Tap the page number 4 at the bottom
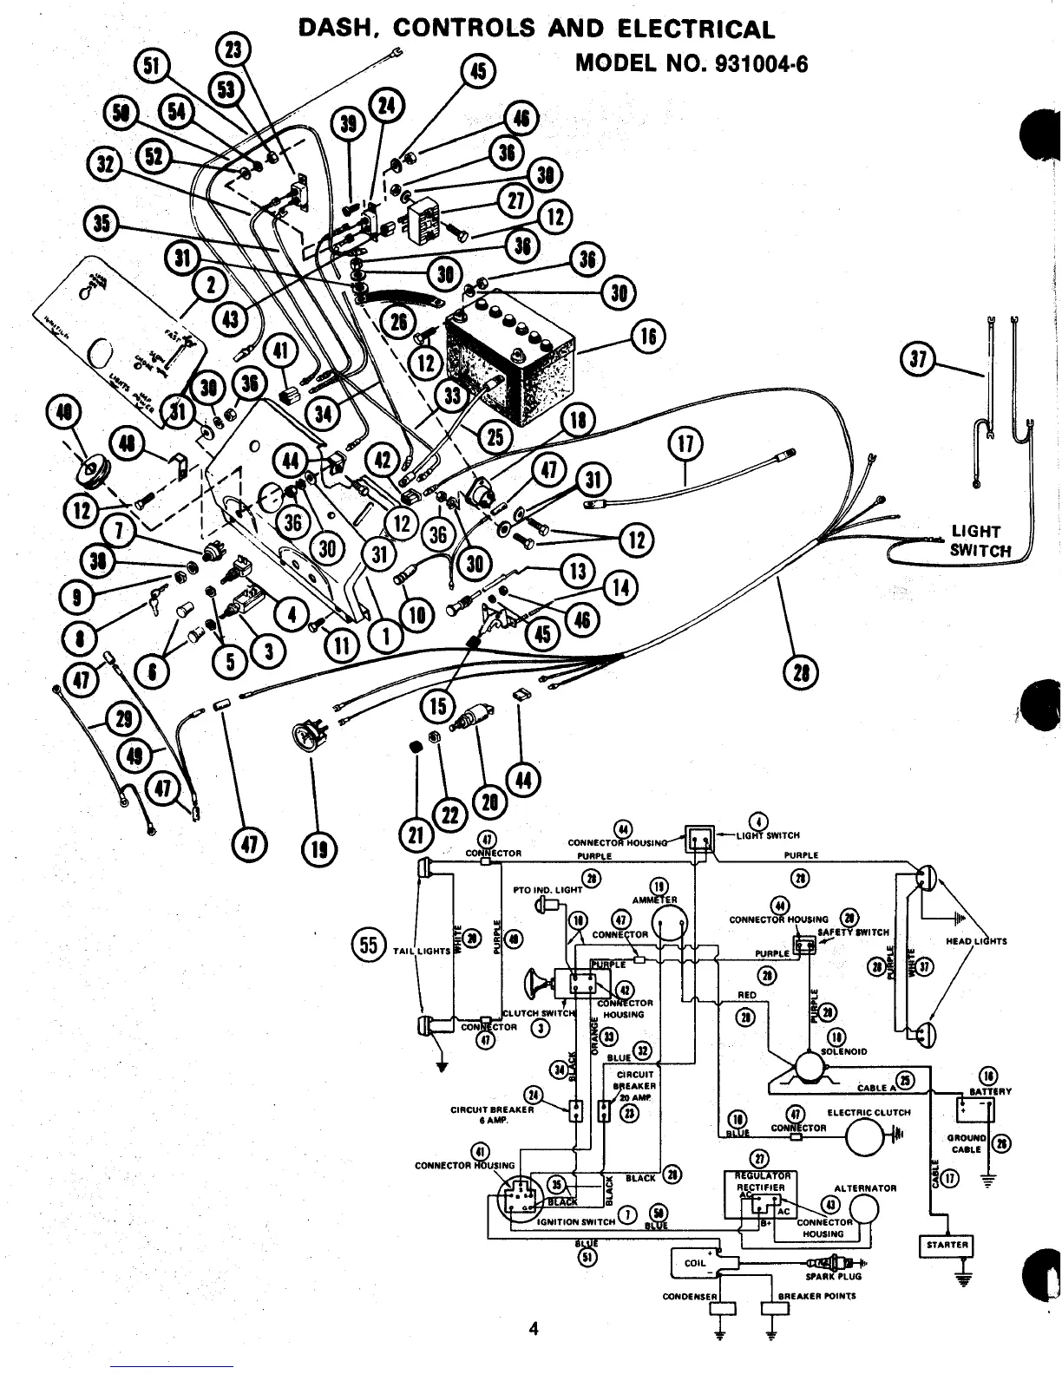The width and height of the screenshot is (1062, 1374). [534, 1328]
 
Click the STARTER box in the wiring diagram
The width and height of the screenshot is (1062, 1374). [947, 1245]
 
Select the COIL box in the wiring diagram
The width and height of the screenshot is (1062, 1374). [695, 1263]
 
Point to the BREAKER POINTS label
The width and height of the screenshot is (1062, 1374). [816, 1296]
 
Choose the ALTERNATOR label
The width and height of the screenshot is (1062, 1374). [865, 1188]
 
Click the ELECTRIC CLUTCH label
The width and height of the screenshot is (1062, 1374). [869, 1112]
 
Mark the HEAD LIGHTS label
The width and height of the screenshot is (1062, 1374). [976, 941]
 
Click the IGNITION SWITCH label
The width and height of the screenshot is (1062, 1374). [576, 1221]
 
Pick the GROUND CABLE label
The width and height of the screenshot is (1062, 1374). [966, 1143]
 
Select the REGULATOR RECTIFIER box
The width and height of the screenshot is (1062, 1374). [760, 1195]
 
